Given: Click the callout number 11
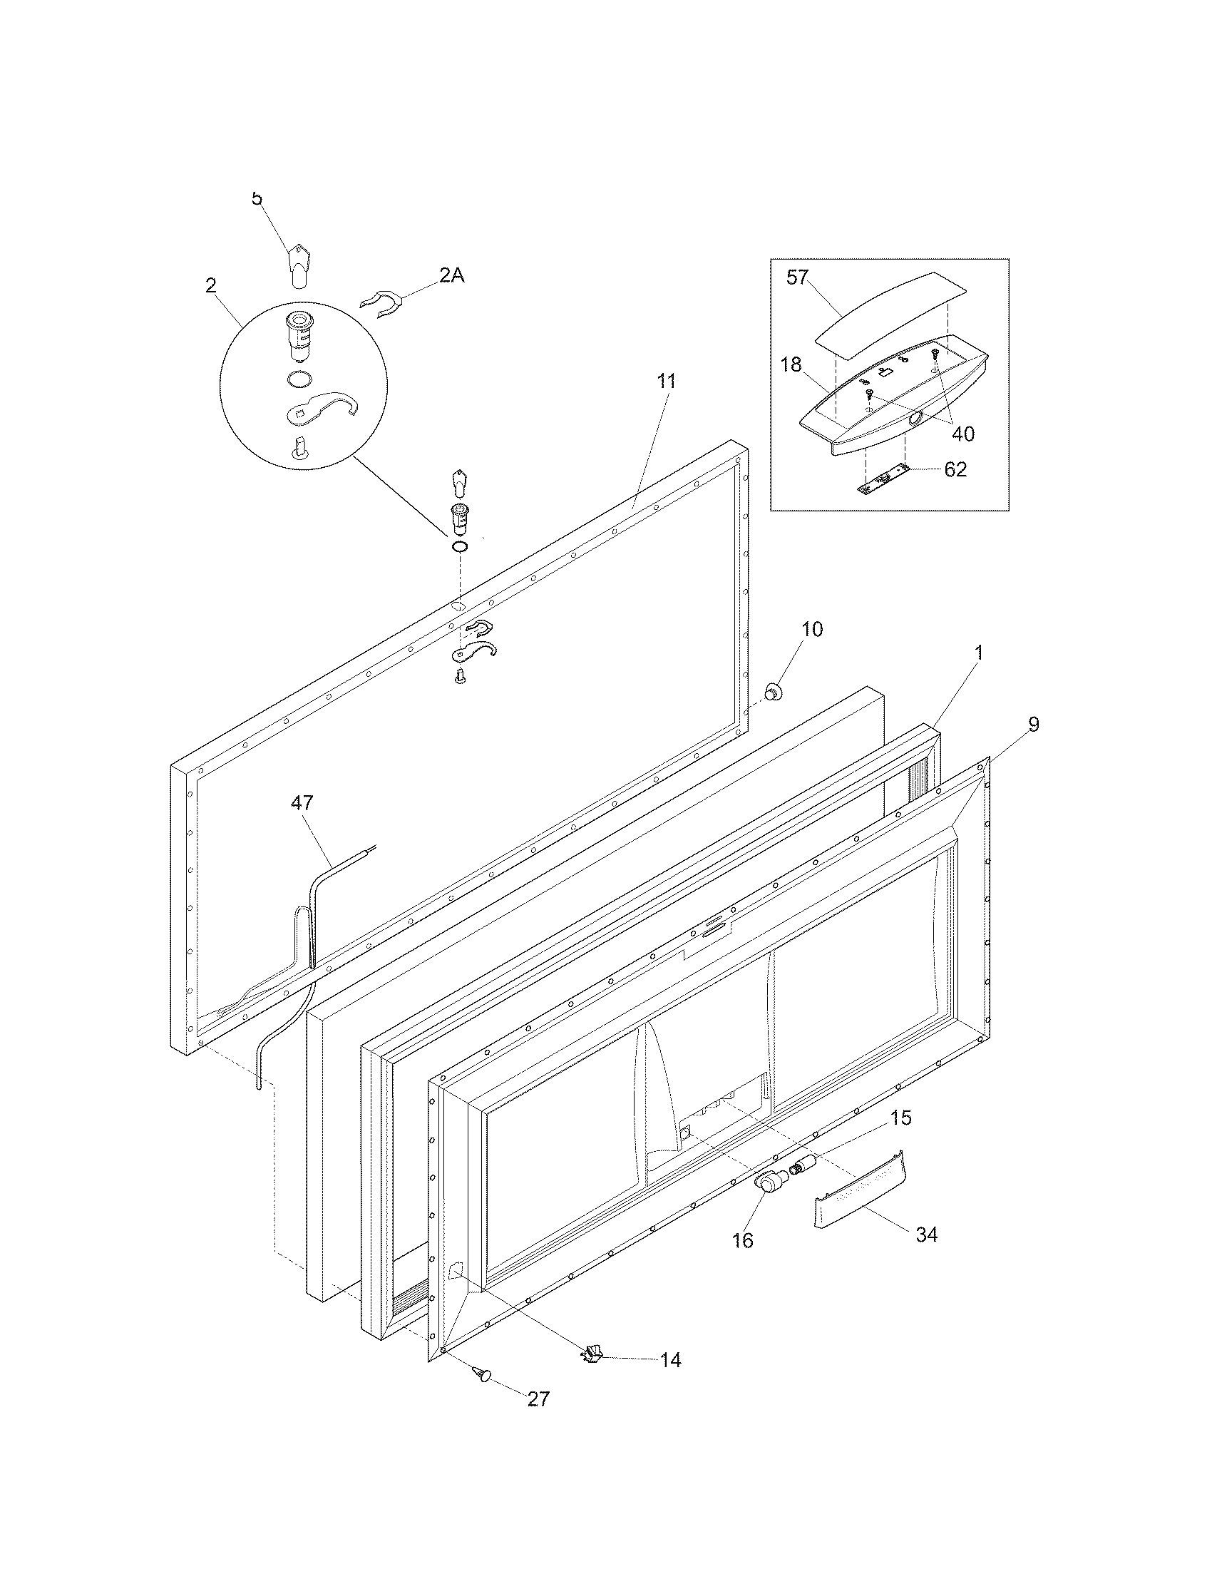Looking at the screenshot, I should point(667,381).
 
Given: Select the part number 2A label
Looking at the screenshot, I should point(451,275).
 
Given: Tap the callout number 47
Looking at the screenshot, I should point(302,802).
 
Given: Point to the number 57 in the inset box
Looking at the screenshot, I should point(798,278).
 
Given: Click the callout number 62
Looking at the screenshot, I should point(955,469).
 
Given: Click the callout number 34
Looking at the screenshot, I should point(926,1235).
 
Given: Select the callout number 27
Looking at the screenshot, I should point(538,1418).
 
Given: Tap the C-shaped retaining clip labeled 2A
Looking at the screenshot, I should point(381,304).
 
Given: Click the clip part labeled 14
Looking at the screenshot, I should point(591,1355).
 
